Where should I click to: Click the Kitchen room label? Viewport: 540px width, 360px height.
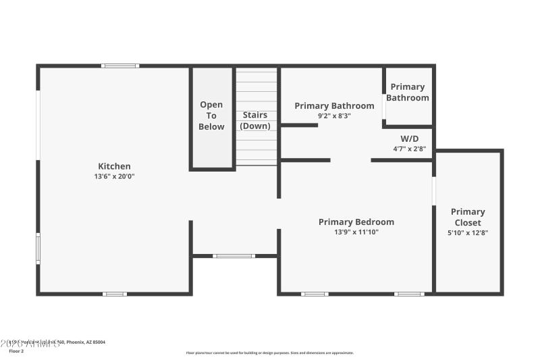pos(114,166)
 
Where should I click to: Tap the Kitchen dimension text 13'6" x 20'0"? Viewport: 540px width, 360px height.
pos(114,176)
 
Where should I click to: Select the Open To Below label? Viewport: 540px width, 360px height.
pos(211,115)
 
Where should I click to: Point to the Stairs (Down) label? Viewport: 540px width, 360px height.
pos(255,120)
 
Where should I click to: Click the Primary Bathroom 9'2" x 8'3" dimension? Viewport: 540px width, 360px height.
pos(334,115)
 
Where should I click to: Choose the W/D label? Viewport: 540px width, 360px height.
pos(410,138)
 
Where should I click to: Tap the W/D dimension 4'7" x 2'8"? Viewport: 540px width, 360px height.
pos(410,149)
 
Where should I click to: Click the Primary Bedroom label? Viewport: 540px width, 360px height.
pos(356,222)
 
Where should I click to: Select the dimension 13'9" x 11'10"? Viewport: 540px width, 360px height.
pos(356,232)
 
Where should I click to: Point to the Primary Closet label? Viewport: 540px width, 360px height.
pos(468,217)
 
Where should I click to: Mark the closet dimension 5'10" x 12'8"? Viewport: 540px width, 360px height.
pos(468,233)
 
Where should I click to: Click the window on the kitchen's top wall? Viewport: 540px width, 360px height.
pos(120,66)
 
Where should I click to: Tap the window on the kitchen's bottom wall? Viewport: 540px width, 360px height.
pos(115,294)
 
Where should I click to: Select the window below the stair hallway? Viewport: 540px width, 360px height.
pos(234,256)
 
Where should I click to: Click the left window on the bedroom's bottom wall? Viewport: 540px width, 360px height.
pos(315,294)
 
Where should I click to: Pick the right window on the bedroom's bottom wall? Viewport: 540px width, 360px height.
pos(409,294)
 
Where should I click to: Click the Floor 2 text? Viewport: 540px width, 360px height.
pos(16,351)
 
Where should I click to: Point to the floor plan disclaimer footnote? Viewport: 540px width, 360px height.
pos(269,353)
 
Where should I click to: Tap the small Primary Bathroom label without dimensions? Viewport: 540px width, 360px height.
pos(408,92)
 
